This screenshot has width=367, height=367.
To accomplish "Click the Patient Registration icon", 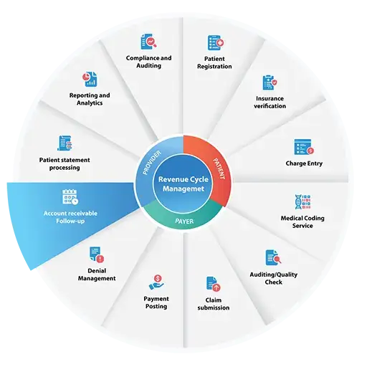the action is click(x=216, y=43).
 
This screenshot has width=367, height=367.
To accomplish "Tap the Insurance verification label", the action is click(x=270, y=103).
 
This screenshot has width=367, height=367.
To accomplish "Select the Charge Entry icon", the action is click(x=304, y=147).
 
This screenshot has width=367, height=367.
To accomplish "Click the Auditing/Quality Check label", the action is click(x=274, y=278).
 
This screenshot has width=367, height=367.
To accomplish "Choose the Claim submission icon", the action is click(x=213, y=284).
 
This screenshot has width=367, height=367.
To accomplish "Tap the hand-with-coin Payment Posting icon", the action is click(x=156, y=282).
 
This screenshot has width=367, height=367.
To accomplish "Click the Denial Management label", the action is click(x=97, y=275).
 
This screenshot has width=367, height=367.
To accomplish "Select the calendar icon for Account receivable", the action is click(x=70, y=197).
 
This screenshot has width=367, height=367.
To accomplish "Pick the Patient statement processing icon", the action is click(x=65, y=143).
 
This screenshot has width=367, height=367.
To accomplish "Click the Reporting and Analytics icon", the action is click(x=90, y=79).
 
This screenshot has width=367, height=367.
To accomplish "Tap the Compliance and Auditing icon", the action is click(x=148, y=42).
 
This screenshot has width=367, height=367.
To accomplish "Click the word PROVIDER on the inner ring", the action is click(x=152, y=163).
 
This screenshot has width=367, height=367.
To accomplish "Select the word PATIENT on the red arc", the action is click(x=219, y=168).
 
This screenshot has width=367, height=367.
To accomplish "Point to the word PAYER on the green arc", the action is click(x=184, y=221).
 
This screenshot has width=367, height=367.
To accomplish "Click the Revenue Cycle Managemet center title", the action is click(x=183, y=184).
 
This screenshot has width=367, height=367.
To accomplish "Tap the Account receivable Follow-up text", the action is click(x=70, y=217).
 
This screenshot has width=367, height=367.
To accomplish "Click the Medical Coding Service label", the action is click(x=302, y=222).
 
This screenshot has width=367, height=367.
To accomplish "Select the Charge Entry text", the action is click(x=304, y=163).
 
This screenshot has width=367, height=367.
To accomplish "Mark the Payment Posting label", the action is click(x=156, y=302).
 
